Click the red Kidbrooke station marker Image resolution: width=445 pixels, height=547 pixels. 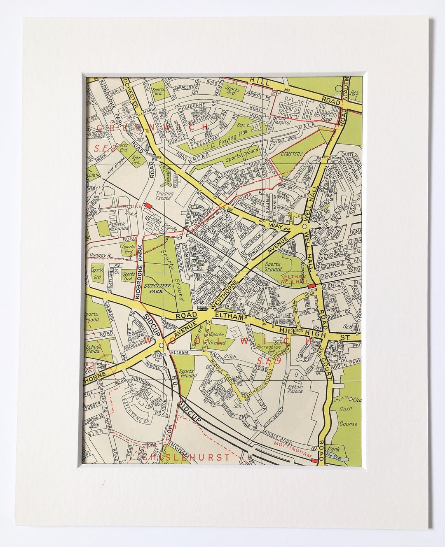148,205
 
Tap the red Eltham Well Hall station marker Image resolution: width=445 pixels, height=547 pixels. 311,285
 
